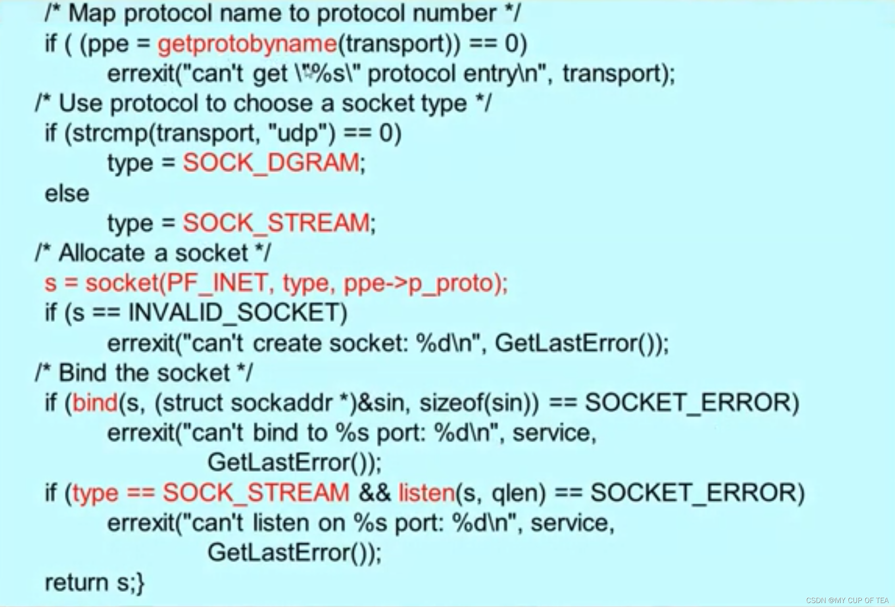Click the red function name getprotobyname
pos(247,44)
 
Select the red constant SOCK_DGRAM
pos(271,163)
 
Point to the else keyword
pos(67,194)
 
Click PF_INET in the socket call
pos(217,283)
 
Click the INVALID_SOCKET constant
pos(238,313)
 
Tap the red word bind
pos(95,403)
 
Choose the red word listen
pos(426,493)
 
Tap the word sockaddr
pos(281,403)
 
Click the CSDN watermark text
pos(847,600)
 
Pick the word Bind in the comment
pos(83,373)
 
